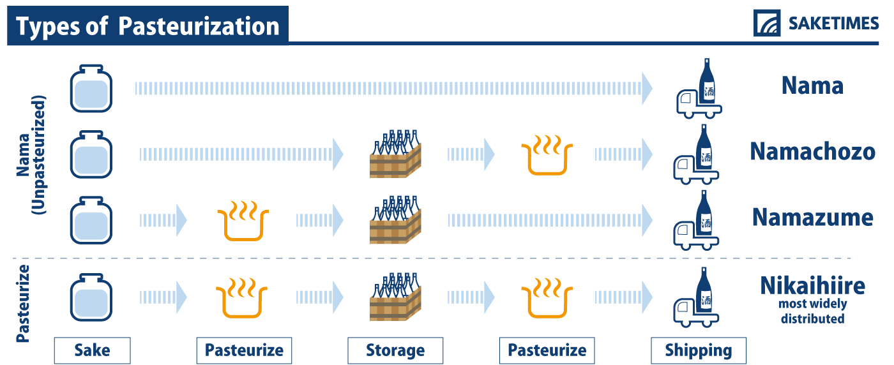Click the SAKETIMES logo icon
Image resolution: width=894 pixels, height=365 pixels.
coord(767,23)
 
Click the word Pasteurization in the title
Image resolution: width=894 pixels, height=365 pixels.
coord(199,26)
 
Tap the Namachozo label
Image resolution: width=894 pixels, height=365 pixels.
coord(812,152)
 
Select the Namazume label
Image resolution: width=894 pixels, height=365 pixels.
coord(812,218)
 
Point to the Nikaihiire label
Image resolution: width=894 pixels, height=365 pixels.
coord(812,286)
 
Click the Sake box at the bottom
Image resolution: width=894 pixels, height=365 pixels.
coord(92,350)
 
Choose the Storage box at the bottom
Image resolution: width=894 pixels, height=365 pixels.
coord(395,350)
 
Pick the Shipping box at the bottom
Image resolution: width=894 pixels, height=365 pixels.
coord(699,350)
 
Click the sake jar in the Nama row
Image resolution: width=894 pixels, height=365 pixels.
coord(91,89)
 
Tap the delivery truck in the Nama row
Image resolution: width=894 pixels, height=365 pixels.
coord(699,89)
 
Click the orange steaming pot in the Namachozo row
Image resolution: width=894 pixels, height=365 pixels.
coord(547,155)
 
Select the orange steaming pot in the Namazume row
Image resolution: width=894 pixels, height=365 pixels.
coord(243,221)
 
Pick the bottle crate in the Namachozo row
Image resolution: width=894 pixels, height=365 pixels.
coord(395,154)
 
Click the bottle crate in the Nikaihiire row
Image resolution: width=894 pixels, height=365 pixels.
coord(395,297)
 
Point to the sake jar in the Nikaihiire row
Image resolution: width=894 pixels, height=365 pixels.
coord(91,297)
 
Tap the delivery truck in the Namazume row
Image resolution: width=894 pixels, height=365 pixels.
coord(697,220)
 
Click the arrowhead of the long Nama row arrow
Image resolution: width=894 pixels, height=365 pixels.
coord(647,89)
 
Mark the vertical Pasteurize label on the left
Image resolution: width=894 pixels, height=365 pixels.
coord(23,304)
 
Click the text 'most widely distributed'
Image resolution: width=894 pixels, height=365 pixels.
coord(812,311)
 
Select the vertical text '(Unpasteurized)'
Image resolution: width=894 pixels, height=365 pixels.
coord(39,155)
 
